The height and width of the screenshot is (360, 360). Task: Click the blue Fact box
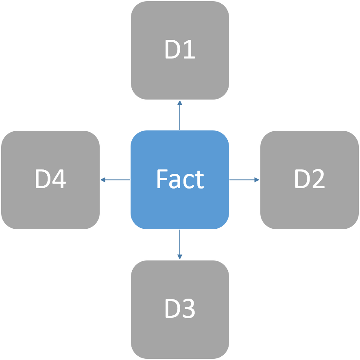180,180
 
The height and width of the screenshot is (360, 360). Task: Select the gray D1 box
180,50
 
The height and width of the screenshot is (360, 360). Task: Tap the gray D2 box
310,180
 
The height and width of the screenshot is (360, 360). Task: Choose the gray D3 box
180,309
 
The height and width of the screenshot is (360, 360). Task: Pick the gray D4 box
50,180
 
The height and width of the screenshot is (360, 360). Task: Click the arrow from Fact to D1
180,115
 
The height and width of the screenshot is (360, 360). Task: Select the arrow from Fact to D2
244,180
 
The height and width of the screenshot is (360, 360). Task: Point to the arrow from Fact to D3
180,245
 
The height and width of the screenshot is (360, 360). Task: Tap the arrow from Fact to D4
116,180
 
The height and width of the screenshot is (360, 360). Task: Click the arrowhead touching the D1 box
180,103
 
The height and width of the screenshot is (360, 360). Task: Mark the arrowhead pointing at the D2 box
257,180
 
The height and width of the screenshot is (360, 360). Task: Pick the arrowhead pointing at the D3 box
180,257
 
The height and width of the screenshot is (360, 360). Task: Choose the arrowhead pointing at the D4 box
103,180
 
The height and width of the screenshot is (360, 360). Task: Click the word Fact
181,179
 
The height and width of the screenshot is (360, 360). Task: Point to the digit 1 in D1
189,49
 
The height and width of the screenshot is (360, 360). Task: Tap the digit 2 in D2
319,179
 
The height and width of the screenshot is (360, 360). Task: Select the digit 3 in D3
189,308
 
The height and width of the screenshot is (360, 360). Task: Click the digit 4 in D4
59,179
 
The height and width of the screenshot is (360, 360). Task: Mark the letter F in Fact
162,179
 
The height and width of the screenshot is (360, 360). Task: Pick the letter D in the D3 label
172,308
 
